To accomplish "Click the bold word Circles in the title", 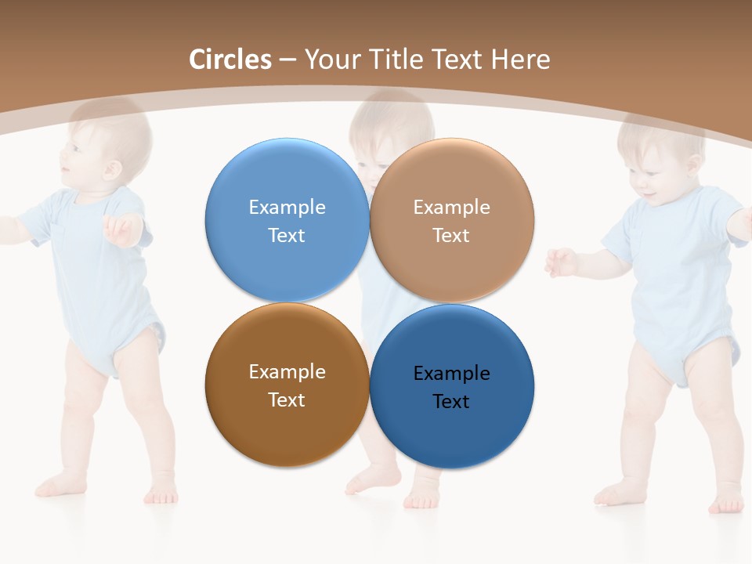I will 230,60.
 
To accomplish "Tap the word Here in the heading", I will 520,60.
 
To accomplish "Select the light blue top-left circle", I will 287,219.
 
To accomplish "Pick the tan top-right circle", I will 452,219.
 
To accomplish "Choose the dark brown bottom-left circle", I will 287,385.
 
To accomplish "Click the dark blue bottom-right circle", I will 452,386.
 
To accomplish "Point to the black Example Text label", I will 451,387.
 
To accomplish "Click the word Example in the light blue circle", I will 287,207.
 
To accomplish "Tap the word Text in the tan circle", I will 451,235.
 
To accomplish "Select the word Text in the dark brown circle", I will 287,399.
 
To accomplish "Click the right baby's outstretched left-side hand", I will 561,262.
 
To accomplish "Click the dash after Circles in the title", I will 287,60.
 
